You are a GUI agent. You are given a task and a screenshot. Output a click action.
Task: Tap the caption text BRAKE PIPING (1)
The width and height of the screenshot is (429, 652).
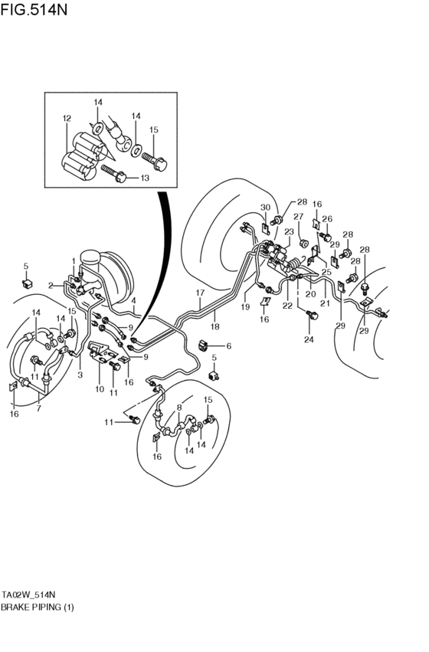(38, 607)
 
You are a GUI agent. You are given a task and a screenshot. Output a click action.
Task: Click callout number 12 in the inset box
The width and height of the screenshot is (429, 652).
(67, 119)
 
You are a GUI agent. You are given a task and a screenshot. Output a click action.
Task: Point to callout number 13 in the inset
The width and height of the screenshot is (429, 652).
(145, 178)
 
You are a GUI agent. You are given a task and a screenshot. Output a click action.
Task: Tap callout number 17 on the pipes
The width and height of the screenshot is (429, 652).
(200, 293)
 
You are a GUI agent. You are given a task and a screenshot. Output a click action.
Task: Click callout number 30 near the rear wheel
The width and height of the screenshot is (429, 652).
(265, 208)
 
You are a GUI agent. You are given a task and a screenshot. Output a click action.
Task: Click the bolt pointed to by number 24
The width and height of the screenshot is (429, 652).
(311, 315)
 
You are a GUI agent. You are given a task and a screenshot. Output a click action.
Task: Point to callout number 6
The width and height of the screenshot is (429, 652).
(228, 346)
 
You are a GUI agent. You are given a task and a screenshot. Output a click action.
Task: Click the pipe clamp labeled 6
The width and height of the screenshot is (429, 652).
(205, 344)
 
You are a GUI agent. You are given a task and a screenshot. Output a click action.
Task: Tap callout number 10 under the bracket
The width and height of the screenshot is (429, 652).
(100, 389)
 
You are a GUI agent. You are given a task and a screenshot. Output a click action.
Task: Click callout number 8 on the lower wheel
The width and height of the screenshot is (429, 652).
(181, 408)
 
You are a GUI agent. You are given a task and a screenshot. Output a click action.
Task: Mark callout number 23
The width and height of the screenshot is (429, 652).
(290, 231)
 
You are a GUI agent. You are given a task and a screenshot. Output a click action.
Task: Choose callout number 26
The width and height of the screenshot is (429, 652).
(326, 219)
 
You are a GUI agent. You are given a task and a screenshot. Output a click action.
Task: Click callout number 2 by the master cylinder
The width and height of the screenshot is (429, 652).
(51, 285)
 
